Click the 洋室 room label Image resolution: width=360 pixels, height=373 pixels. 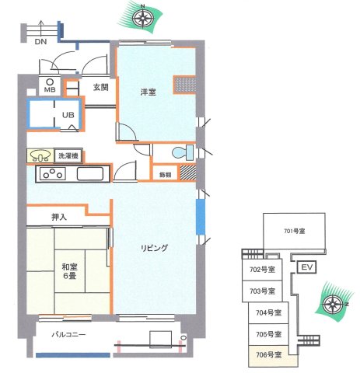click(148, 92)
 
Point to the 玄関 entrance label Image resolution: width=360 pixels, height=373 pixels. click(100, 88)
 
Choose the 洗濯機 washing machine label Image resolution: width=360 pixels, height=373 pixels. click(68, 155)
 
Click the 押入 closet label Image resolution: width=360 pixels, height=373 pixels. click(58, 218)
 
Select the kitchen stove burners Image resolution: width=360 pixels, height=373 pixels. click(53, 174)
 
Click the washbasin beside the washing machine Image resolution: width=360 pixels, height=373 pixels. click(41, 156)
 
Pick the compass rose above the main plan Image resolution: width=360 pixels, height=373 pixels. click(142, 16)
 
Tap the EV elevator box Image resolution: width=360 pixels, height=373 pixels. click(306, 267)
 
